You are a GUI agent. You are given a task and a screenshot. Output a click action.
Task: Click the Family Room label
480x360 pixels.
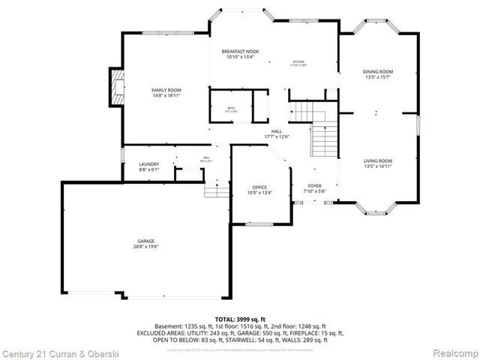coord(166,90)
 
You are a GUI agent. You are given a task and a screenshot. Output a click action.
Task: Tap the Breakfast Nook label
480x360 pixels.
coord(240,51)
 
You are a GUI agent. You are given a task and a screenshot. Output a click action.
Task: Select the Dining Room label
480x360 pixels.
coord(378,71)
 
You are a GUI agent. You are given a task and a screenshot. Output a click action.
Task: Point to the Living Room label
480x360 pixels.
coord(378,160)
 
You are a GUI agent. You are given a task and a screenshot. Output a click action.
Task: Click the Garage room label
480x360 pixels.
coord(145,241)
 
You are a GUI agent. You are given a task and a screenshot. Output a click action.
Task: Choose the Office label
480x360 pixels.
coord(259,187)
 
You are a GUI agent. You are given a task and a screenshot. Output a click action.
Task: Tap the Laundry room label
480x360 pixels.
coord(148,164)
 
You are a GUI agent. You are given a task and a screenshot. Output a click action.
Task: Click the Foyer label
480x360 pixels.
coord(314,185)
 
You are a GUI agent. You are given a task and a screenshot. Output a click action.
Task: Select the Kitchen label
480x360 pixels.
coord(298,61)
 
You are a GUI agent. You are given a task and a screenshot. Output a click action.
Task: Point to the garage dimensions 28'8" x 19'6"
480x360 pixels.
coord(145,247)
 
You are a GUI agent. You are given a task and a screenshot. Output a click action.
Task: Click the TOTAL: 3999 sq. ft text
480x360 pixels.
coord(239,319)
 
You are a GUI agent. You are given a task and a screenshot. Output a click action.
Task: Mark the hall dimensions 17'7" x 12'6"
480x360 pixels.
coord(277,136)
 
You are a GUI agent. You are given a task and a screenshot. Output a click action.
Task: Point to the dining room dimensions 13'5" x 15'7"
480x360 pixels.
coord(378,77)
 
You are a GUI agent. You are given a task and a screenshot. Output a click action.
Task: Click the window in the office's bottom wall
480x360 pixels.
coord(259,223)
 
